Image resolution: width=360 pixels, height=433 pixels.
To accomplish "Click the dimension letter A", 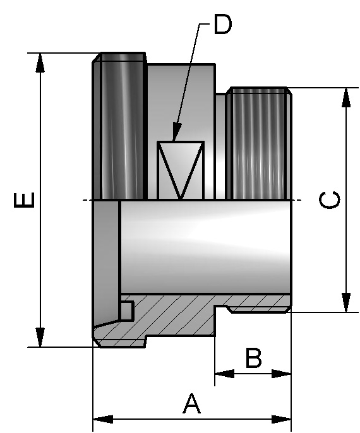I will (191, 403).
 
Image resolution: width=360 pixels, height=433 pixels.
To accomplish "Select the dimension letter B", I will (253, 358).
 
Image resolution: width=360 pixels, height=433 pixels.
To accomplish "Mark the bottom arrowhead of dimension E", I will (40, 338).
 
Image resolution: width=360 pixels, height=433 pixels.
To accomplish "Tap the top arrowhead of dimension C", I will (346, 97).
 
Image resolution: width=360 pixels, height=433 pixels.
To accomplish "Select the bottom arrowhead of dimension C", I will (346, 302).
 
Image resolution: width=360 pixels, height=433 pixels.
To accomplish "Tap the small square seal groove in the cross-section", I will (127, 311).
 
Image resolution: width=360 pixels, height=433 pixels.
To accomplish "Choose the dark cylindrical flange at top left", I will (121, 126).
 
